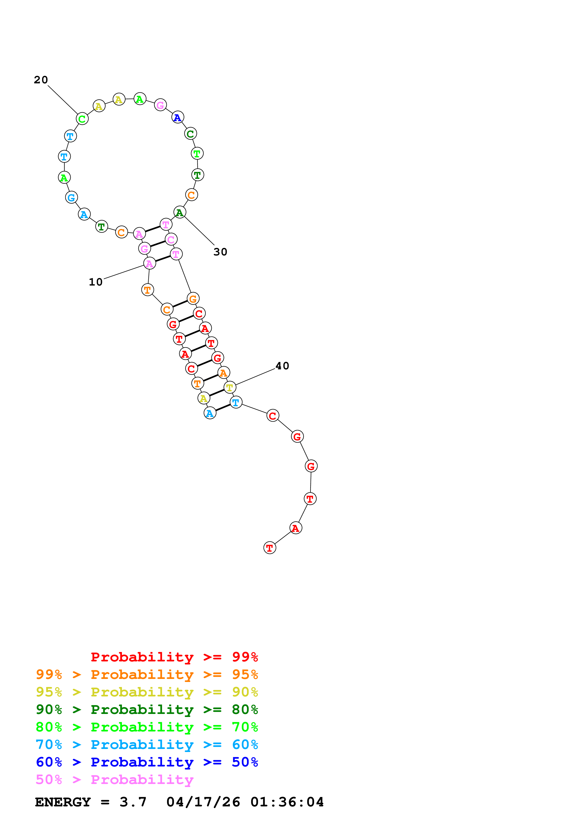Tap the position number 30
(220, 252)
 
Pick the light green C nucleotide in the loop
(82, 119)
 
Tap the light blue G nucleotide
(71, 197)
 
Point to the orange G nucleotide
(193, 299)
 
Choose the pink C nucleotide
(171, 239)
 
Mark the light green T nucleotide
(197, 154)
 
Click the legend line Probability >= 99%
(174, 657)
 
